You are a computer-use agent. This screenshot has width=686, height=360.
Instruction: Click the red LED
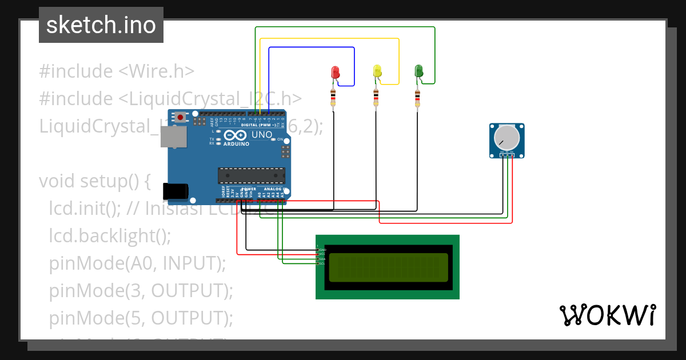coord(336,73)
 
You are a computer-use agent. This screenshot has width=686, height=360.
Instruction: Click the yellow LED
coord(377,71)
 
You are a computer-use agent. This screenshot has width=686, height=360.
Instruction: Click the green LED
coord(418,71)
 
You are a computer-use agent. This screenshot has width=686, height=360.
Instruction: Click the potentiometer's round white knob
coord(506,138)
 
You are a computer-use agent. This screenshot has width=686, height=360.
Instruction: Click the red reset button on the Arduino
coord(181,117)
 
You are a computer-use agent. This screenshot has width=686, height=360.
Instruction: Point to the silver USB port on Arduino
coord(173,137)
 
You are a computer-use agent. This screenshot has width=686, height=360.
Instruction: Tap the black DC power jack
coord(176,191)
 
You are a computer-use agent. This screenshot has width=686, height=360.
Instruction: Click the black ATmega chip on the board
coord(252,175)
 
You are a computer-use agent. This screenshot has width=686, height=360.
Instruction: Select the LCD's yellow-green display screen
coord(388,267)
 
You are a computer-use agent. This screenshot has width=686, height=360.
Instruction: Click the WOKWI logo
coord(607,315)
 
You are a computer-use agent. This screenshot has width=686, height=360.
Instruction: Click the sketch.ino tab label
coord(101,25)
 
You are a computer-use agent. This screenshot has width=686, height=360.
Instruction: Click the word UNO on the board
coord(262,135)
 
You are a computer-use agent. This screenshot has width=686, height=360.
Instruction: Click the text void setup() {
coord(94,181)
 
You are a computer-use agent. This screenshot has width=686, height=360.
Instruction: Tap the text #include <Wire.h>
coord(117,71)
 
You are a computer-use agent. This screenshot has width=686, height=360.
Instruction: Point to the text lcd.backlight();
coord(110,235)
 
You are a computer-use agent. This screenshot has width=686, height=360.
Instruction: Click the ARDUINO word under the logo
coord(236,144)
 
